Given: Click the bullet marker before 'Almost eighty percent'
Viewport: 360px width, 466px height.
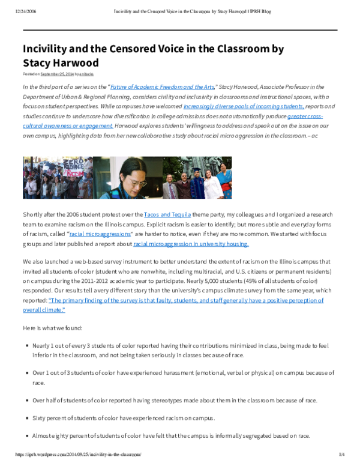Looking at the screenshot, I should pos(27,434).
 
